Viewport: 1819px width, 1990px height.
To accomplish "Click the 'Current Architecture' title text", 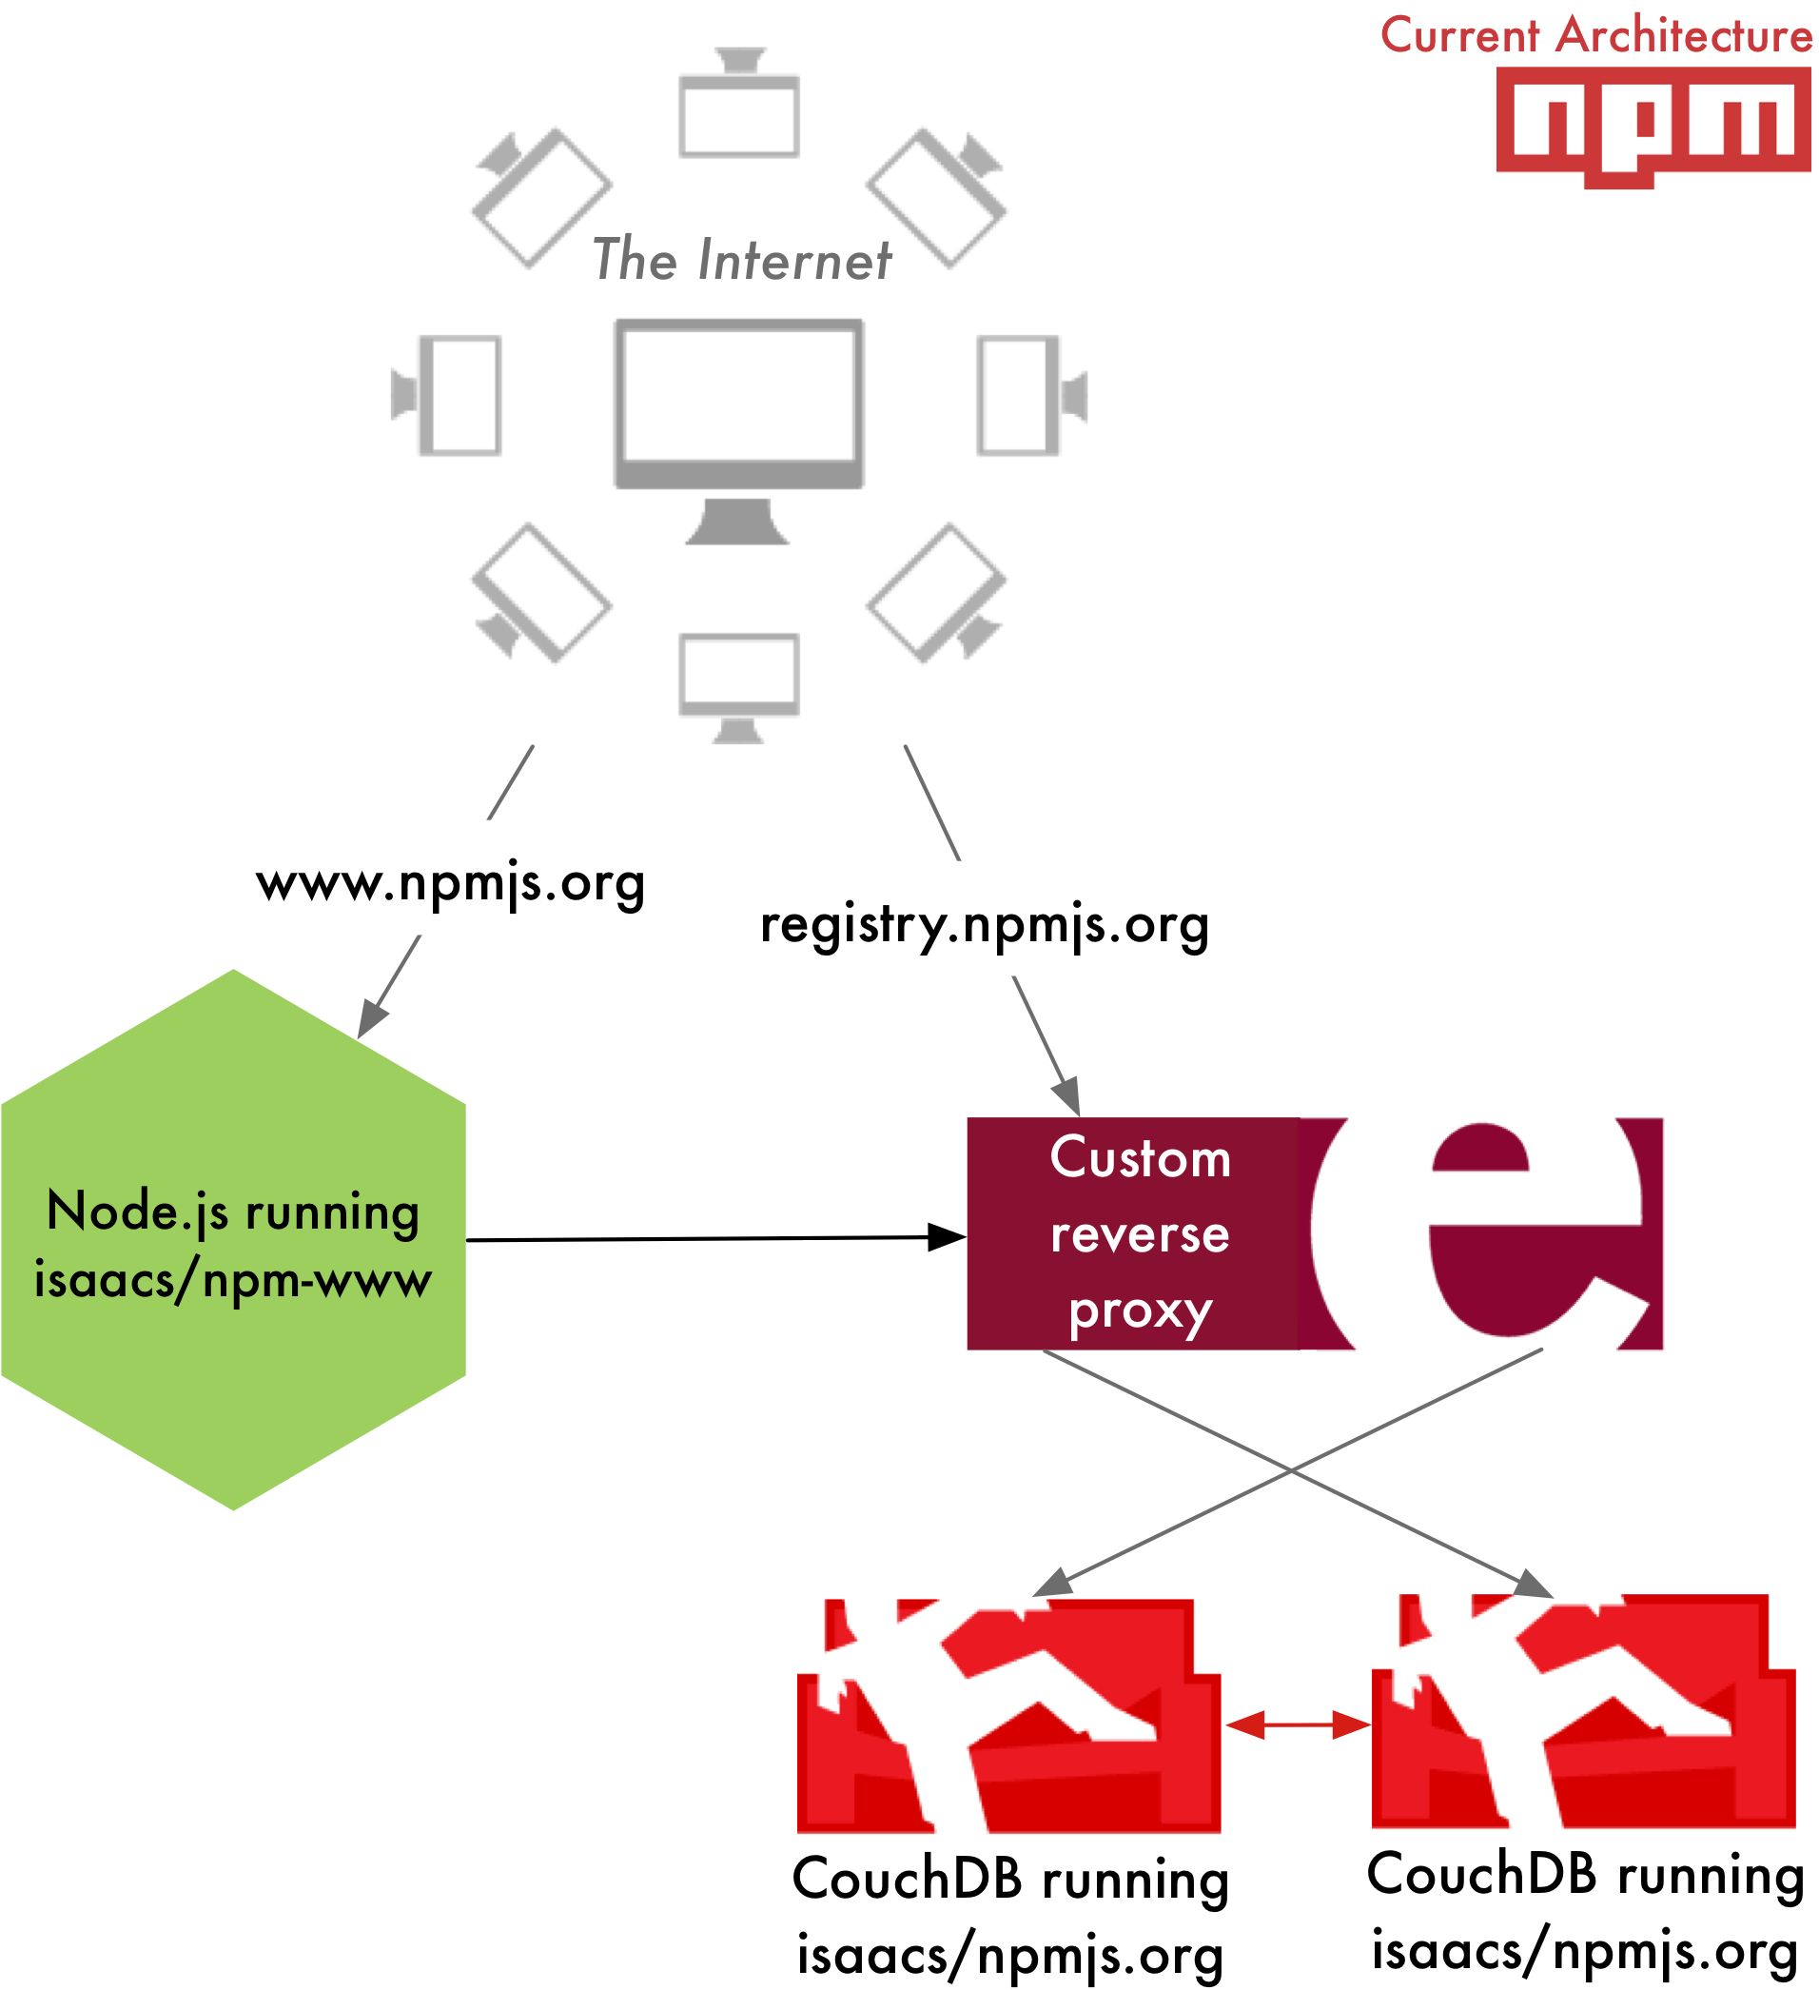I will point(1595,36).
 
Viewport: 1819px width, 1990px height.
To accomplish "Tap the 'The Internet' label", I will point(741,261).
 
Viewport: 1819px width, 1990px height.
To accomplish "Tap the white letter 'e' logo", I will point(1500,1234).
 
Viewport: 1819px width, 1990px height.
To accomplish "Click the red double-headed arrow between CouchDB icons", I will point(1297,1724).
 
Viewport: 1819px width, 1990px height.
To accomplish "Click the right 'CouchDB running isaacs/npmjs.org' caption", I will point(1585,1912).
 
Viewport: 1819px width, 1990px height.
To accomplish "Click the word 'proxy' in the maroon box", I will point(1140,1311).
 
